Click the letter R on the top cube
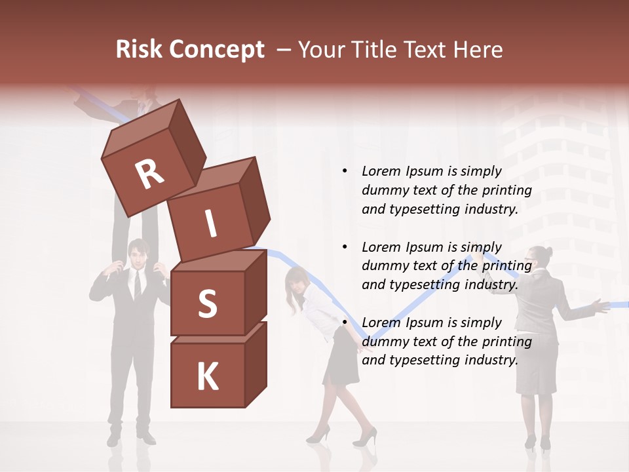(149, 174)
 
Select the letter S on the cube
(207, 304)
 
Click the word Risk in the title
(139, 50)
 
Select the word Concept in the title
(217, 50)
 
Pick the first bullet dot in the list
(345, 172)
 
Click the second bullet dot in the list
(345, 248)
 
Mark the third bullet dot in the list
(345, 323)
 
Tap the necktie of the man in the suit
(138, 283)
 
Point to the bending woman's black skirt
(342, 357)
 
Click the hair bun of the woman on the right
(548, 251)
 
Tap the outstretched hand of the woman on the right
(597, 305)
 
